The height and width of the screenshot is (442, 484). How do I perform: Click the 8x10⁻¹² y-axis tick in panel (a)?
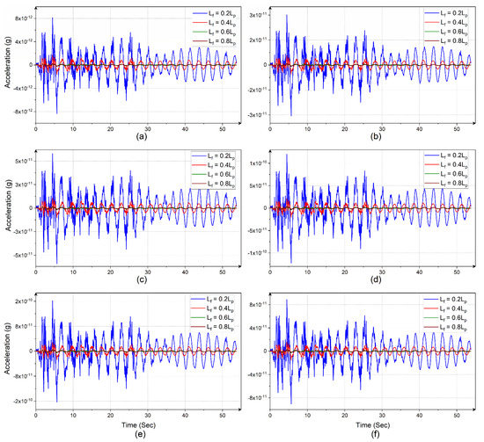tap(19, 17)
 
